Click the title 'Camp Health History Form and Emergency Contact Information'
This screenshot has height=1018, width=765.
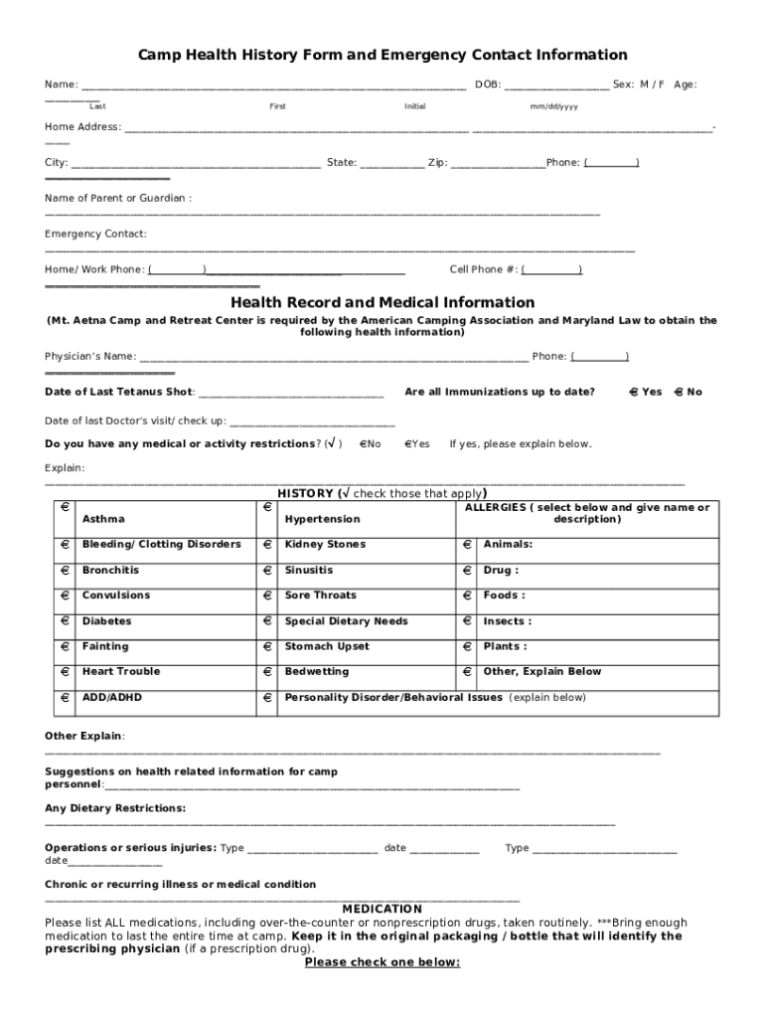(x=382, y=55)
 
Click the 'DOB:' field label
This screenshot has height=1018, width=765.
(x=487, y=85)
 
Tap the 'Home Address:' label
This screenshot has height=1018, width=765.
(x=82, y=127)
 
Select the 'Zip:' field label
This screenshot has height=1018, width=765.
(x=437, y=163)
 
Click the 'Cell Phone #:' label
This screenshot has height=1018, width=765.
(x=483, y=270)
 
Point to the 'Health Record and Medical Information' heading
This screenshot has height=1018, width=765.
(x=382, y=302)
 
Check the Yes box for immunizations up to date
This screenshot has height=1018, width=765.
(x=633, y=392)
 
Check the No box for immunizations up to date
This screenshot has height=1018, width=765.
(x=679, y=392)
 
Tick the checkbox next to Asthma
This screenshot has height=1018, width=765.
(x=65, y=507)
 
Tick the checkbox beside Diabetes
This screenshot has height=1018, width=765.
(x=65, y=620)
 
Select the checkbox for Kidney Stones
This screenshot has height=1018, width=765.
(x=267, y=544)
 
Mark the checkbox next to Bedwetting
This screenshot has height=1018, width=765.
(x=267, y=671)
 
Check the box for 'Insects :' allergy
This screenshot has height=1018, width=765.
(x=466, y=620)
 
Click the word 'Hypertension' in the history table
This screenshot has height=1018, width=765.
(x=322, y=519)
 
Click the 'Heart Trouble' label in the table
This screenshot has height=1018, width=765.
(x=120, y=672)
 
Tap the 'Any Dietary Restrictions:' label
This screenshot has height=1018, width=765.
(x=114, y=808)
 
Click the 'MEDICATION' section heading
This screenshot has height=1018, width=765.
(x=382, y=909)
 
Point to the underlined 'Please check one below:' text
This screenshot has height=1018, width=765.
(x=382, y=962)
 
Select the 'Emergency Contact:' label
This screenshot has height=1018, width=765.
(x=95, y=235)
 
